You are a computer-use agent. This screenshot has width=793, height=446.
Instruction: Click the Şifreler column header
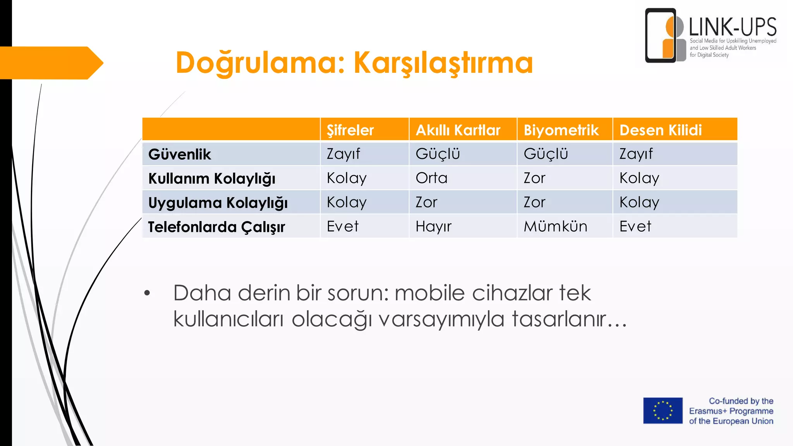click(x=350, y=130)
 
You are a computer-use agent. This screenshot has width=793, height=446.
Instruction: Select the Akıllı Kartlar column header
click(x=458, y=130)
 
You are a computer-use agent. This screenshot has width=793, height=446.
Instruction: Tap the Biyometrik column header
click(x=561, y=130)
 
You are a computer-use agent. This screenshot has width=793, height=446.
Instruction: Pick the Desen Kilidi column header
click(x=660, y=130)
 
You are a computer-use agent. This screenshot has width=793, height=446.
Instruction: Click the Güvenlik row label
click(x=180, y=154)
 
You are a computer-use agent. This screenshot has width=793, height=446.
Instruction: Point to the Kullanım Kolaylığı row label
click(x=212, y=178)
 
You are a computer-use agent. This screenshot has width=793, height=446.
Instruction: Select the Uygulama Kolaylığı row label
click(x=218, y=203)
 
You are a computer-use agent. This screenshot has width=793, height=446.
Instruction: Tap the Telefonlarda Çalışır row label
click(x=216, y=227)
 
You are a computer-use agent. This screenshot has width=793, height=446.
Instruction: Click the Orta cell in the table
click(x=431, y=178)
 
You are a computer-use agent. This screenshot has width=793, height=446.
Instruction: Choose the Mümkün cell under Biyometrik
click(x=555, y=226)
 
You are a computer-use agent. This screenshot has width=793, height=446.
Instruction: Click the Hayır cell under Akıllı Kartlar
click(x=433, y=226)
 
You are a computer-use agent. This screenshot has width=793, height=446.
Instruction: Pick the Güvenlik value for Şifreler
click(x=343, y=154)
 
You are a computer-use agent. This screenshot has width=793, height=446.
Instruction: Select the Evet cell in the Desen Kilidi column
click(x=635, y=226)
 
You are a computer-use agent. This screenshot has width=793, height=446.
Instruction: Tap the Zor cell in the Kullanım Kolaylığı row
click(x=534, y=178)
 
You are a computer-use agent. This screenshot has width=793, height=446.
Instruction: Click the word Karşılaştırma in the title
click(x=443, y=63)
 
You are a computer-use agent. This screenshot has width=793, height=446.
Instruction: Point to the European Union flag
click(x=663, y=410)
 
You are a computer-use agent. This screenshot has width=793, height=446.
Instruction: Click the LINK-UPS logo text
click(x=733, y=27)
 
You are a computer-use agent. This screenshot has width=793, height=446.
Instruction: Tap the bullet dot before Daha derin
click(x=147, y=293)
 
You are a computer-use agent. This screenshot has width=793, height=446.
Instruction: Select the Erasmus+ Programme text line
click(x=731, y=411)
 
